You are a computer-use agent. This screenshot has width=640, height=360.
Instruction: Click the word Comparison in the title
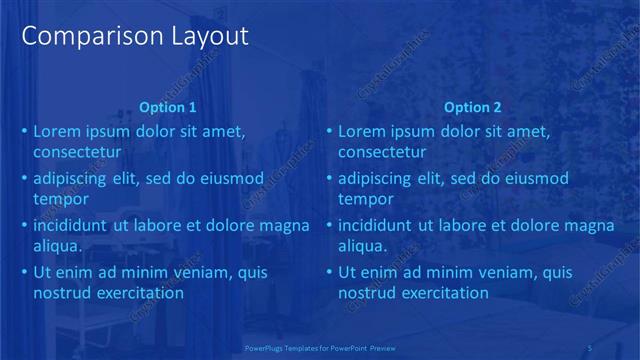click(82, 37)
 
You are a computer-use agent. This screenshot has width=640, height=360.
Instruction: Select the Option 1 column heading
click(168, 108)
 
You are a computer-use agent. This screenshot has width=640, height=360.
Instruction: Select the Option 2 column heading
click(473, 108)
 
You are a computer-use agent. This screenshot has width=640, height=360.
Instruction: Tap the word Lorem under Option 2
click(361, 131)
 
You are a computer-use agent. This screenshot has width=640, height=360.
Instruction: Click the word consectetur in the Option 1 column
click(77, 153)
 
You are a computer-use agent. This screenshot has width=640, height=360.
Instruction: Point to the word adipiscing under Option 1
click(76, 179)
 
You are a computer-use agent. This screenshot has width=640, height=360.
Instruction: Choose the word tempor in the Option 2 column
click(366, 200)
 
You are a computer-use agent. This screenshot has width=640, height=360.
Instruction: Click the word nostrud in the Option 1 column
click(62, 294)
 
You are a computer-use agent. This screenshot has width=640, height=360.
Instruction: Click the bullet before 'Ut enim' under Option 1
click(24, 273)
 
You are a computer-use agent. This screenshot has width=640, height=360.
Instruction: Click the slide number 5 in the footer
click(590, 347)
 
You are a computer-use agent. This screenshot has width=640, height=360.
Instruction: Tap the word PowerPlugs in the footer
click(265, 347)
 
